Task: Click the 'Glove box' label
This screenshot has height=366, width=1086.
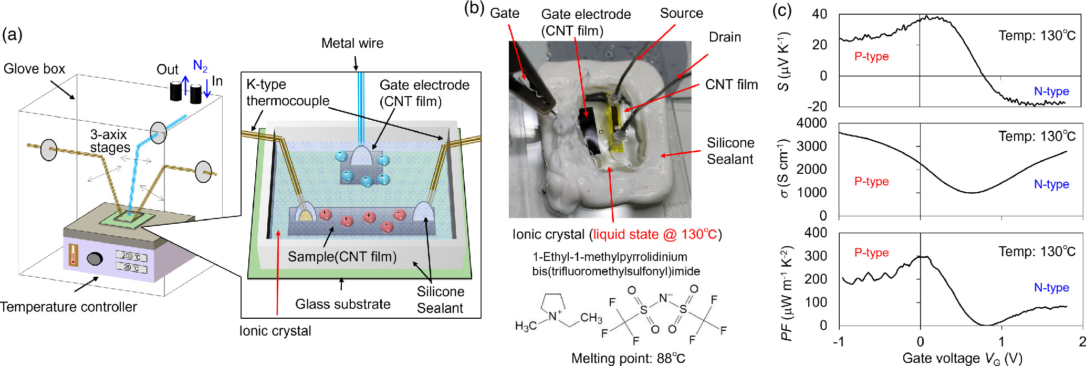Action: tap(34, 69)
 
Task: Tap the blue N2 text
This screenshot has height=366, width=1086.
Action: tap(200, 66)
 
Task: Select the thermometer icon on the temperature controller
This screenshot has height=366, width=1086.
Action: tap(74, 255)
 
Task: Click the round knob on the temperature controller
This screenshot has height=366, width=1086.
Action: tap(95, 259)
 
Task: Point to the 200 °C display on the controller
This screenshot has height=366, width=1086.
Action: tap(131, 256)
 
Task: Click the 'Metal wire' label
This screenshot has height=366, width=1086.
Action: tap(352, 43)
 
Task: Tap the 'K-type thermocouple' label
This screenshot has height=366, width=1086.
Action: tap(288, 92)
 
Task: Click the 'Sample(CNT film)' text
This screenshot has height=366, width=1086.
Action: tap(342, 257)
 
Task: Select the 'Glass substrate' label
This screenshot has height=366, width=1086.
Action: tap(342, 304)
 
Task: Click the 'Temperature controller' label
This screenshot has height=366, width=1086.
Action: tap(69, 307)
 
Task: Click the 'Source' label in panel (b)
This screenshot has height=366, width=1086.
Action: tap(681, 14)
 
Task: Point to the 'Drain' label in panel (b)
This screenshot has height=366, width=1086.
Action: tap(725, 37)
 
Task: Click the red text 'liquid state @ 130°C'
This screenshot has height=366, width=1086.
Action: tap(655, 234)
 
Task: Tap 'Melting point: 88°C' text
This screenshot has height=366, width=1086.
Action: tap(628, 358)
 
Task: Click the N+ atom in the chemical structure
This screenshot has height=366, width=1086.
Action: tap(554, 317)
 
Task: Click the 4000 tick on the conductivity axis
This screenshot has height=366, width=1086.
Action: tap(811, 123)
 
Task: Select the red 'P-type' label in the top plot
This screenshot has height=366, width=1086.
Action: tap(871, 57)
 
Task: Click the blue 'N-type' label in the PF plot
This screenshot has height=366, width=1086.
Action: tap(1051, 288)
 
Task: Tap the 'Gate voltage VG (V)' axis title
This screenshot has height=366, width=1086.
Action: tap(962, 358)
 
